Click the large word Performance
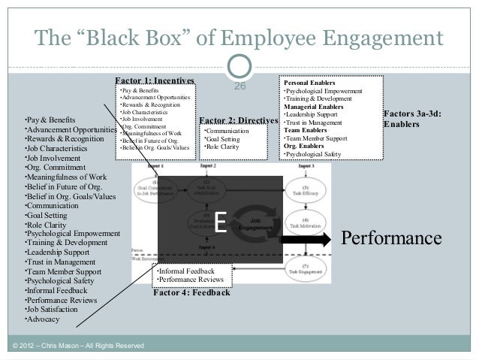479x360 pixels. tap(391, 238)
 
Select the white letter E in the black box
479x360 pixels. tap(220, 223)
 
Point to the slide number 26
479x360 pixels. tap(241, 87)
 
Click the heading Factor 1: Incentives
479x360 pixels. tap(155, 80)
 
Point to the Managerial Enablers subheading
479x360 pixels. tap(312, 107)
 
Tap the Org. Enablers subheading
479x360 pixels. tap(303, 146)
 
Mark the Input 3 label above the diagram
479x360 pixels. tap(306, 165)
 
